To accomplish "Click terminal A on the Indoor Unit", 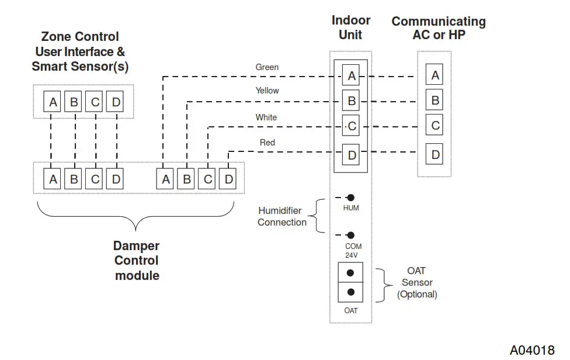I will click(x=351, y=76).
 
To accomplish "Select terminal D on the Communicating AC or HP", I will click(x=435, y=155).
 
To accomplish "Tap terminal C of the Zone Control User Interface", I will click(x=95, y=102).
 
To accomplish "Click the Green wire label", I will click(x=267, y=67).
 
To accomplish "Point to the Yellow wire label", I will click(x=267, y=91).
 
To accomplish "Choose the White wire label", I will click(x=266, y=117).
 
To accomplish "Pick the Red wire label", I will click(x=267, y=143).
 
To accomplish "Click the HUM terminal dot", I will click(x=351, y=198).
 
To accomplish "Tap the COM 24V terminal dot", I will click(x=351, y=235).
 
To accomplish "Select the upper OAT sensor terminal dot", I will click(x=350, y=273).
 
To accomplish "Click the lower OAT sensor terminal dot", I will click(x=350, y=292).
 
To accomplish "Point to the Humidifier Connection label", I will click(x=281, y=216).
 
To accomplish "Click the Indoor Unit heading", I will click(x=351, y=27).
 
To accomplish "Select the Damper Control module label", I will click(x=137, y=261).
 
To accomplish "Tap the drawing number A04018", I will click(x=532, y=350).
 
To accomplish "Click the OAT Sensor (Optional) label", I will click(x=417, y=282).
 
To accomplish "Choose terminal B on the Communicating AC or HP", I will click(x=435, y=101).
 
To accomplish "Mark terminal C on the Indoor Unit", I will click(x=351, y=126).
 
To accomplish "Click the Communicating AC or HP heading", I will click(x=439, y=27).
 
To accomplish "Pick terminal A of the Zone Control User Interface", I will click(x=53, y=102).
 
